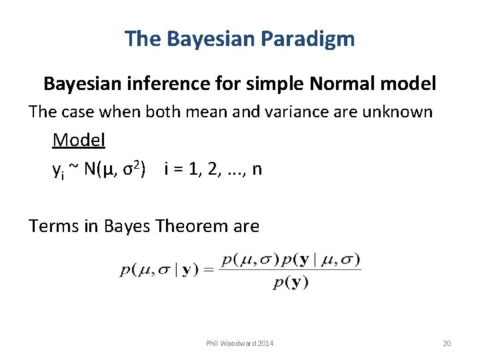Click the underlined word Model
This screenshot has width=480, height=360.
[x=79, y=141]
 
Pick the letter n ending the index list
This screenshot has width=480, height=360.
[x=257, y=169]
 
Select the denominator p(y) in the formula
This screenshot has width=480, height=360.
[x=290, y=282]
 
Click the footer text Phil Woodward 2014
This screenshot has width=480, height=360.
[x=239, y=343]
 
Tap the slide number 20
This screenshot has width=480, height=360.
[x=447, y=343]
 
